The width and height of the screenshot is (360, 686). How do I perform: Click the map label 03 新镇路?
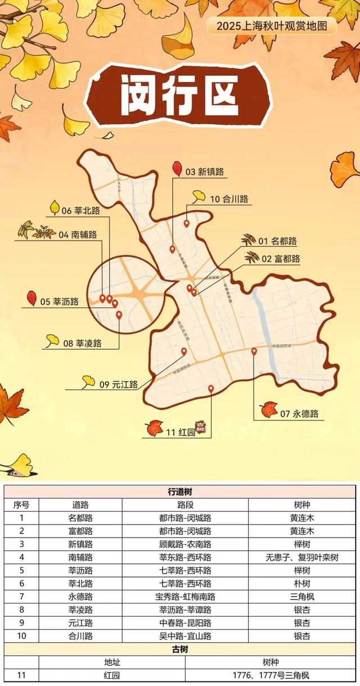pyautogui.click(x=205, y=172)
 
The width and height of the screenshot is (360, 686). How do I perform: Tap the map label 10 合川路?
pyautogui.click(x=229, y=199)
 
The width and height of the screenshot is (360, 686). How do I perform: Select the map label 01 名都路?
pyautogui.click(x=278, y=241)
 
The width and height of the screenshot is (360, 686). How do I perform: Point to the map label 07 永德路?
pyautogui.click(x=299, y=414)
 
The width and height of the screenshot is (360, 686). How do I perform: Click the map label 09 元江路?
pyautogui.click(x=119, y=385)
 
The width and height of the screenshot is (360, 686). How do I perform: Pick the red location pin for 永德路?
pyautogui.click(x=254, y=351)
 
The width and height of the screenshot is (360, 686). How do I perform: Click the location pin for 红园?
pyautogui.click(x=211, y=389)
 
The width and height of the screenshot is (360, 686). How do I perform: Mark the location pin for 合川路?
pyautogui.click(x=187, y=223)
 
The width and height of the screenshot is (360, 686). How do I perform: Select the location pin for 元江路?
pyautogui.click(x=184, y=351)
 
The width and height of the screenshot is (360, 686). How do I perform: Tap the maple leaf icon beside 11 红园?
pyautogui.click(x=154, y=428)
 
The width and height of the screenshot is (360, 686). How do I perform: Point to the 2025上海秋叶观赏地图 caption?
pyautogui.click(x=272, y=25)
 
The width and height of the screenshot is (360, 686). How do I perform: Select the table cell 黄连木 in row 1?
pyautogui.click(x=301, y=518)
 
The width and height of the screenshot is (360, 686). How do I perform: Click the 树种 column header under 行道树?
pyautogui.click(x=301, y=505)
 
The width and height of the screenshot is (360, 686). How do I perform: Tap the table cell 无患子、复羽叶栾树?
pyautogui.click(x=301, y=557)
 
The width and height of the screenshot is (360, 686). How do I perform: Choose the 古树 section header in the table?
pyautogui.click(x=180, y=649)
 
